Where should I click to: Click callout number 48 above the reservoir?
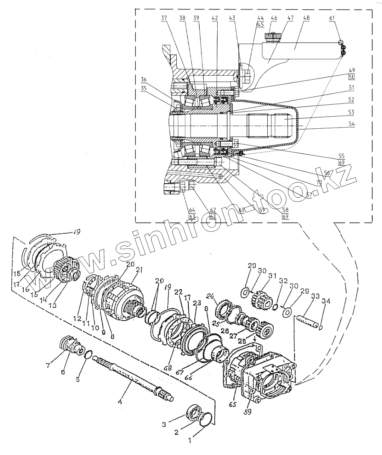[x=306, y=17]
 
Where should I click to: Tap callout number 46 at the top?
[x=274, y=17]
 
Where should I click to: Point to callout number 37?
[x=164, y=18]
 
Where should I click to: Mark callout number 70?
[x=318, y=182]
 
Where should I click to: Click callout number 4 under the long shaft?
[x=120, y=402]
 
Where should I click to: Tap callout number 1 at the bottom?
[x=190, y=438]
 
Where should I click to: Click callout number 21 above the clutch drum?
[x=139, y=269]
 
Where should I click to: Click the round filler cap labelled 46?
[x=272, y=37]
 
